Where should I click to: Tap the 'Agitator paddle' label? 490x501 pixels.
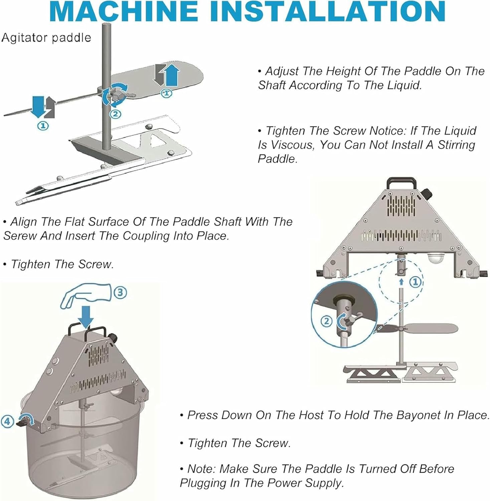46,37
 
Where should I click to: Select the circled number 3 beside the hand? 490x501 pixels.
120,293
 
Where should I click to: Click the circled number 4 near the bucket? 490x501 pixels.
7,421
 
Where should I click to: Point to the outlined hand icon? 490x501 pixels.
85,296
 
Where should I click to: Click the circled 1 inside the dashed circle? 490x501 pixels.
415,282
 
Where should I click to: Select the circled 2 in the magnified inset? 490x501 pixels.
326,321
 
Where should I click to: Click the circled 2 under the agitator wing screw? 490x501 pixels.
115,114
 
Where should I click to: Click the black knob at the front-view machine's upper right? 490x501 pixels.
427,193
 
